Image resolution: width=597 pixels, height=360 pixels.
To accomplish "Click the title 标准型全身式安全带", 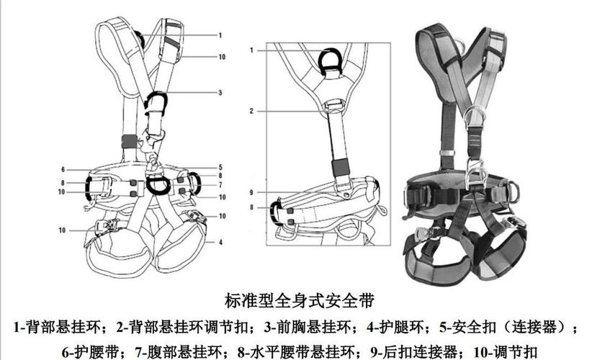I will pos(298,297).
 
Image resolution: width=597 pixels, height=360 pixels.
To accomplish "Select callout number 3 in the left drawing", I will pos(220,92).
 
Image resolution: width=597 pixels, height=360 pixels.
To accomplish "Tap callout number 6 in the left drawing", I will pos(63,169).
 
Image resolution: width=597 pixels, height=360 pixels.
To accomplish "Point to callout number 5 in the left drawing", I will pos(220,167).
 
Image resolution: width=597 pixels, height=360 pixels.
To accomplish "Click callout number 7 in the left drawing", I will pos(220,184).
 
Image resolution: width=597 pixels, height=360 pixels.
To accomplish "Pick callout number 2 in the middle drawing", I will pos(252,111).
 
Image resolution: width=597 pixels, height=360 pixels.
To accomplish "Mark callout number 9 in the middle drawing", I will pos(252,192).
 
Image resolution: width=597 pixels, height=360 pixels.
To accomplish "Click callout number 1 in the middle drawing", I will pos(252,50).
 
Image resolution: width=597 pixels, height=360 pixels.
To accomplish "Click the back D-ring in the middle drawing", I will pos(331,58).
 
